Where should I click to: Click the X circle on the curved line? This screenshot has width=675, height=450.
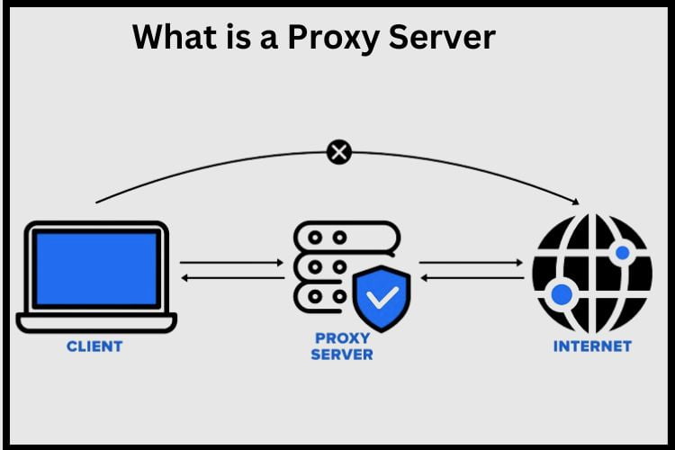tap(338, 152)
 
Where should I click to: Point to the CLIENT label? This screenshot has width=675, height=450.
tap(94, 346)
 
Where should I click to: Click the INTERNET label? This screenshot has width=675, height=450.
tap(591, 346)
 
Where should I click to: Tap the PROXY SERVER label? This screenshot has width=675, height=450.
tap(342, 346)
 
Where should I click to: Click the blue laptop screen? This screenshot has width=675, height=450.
tap(96, 268)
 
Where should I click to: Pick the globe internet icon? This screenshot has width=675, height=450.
tap(590, 272)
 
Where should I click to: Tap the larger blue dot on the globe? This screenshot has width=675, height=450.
tap(562, 294)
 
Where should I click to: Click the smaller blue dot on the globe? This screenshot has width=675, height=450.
tap(620, 254)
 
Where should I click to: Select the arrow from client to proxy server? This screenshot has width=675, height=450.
tap(232, 263)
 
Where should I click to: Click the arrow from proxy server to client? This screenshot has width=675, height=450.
tap(232, 279)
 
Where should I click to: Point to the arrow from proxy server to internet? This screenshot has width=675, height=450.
tap(471, 263)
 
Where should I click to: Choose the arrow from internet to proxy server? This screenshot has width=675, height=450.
tap(471, 279)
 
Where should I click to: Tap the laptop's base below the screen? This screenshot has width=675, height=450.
tap(96, 322)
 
